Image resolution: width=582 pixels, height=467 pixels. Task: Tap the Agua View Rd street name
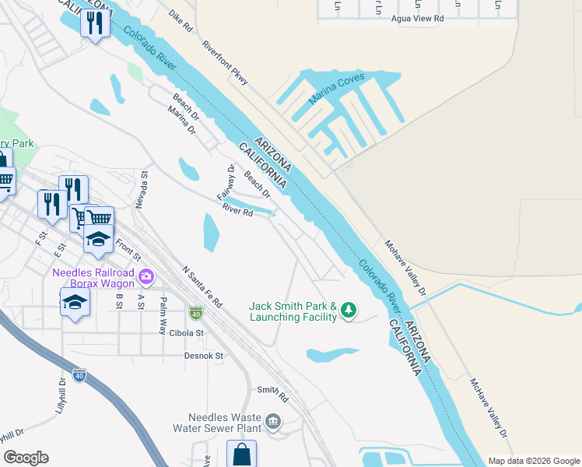click(x=417, y=18)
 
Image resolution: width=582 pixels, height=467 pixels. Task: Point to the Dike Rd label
click(x=181, y=20)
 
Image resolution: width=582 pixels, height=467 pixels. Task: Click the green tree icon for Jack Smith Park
click(x=349, y=311)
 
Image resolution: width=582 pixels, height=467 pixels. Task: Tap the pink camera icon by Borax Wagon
click(x=145, y=276)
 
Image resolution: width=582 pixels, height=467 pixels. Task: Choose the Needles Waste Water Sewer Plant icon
click(x=273, y=422)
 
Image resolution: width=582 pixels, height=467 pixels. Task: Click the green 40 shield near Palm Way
click(x=195, y=313)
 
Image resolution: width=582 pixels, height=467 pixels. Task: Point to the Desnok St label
click(x=204, y=356)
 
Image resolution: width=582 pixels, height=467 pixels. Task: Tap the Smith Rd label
click(x=273, y=395)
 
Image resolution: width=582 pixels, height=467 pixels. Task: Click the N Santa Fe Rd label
click(x=202, y=287)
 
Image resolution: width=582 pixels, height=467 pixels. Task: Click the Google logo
click(x=26, y=458)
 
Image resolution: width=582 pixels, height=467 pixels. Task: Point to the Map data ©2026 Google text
click(x=534, y=461)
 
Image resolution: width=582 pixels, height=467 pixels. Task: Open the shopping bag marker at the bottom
click(x=241, y=454)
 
